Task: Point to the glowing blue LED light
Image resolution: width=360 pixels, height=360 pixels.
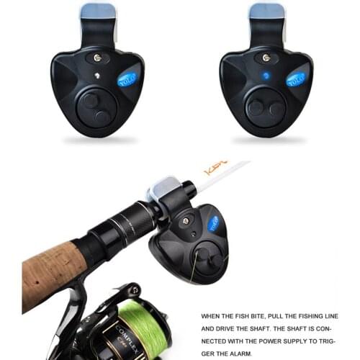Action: pyautogui.click(x=266, y=75)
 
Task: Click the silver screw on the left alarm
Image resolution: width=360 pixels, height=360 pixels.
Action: pyautogui.click(x=96, y=58)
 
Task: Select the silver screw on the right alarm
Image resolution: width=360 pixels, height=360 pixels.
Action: pyautogui.click(x=266, y=57)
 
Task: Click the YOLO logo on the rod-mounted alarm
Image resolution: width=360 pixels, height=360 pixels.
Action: pyautogui.click(x=214, y=224)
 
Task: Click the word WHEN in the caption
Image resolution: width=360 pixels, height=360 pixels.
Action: pyautogui.click(x=212, y=315)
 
